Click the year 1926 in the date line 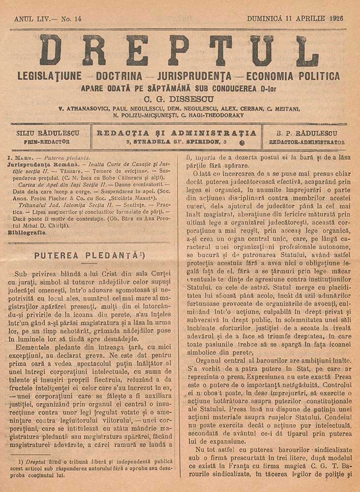[334, 19]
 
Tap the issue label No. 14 [71, 19]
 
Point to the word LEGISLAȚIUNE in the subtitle [49, 76]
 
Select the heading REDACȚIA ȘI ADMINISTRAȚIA [177, 133]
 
